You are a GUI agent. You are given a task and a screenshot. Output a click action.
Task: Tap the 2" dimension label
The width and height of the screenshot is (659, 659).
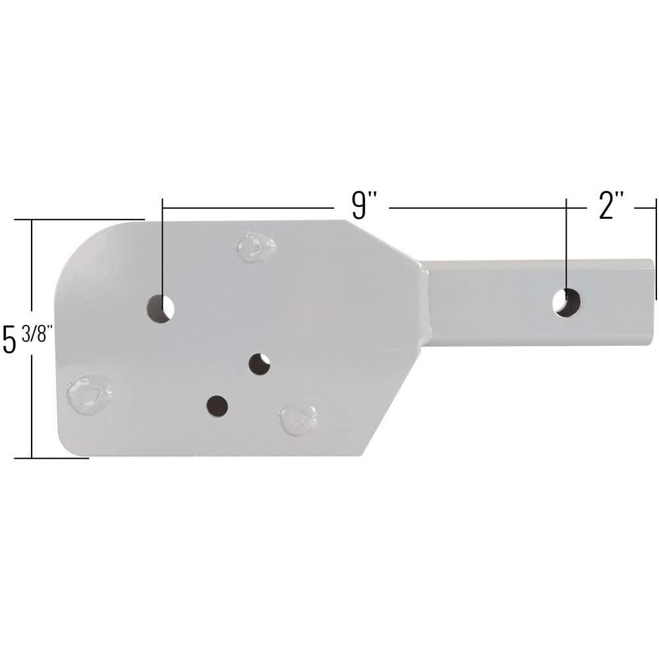click(x=610, y=206)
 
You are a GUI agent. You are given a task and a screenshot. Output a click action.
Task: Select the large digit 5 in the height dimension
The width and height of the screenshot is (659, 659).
click(x=10, y=340)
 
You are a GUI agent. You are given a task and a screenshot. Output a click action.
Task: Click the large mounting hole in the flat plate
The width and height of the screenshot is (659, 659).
click(x=160, y=308)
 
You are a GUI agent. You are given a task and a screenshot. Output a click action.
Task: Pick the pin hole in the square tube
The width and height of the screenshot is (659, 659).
click(x=567, y=302)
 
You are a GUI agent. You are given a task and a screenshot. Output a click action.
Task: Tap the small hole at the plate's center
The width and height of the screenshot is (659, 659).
click(x=260, y=364)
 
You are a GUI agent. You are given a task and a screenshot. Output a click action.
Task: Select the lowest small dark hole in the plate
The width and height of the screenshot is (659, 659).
click(x=217, y=406)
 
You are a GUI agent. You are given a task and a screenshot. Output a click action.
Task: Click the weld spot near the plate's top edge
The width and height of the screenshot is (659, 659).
click(x=256, y=247)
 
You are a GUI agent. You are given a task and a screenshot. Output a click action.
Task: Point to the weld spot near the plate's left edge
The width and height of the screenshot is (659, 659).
click(x=90, y=394)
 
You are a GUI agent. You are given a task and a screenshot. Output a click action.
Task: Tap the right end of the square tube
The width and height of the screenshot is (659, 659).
click(x=652, y=302)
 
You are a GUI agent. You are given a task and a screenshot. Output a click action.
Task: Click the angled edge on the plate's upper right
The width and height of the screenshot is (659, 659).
click(x=386, y=241)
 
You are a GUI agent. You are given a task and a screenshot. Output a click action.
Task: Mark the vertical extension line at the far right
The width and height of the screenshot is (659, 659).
click(x=656, y=250)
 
